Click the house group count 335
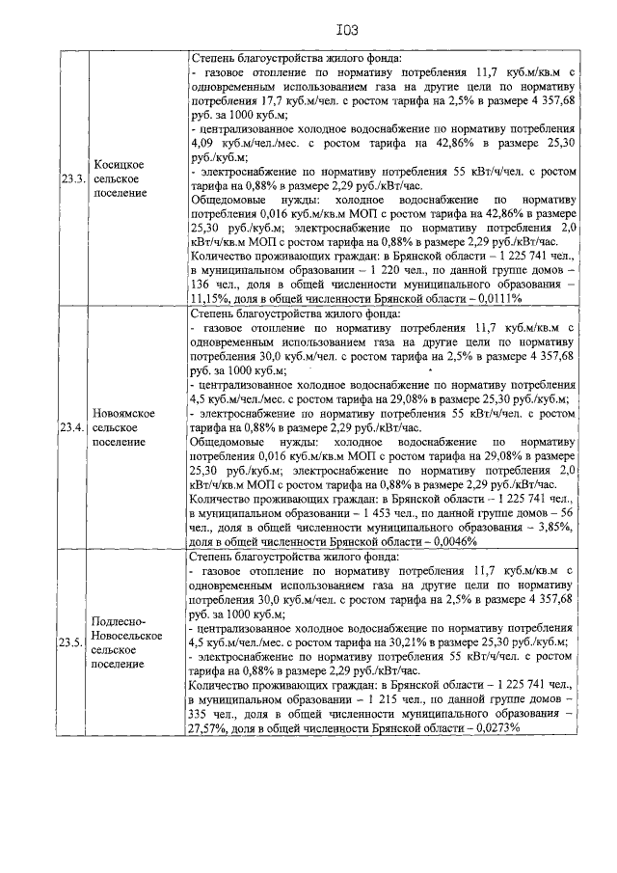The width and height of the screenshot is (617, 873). click(x=205, y=714)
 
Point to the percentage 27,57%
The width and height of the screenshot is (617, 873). click(x=213, y=727)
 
